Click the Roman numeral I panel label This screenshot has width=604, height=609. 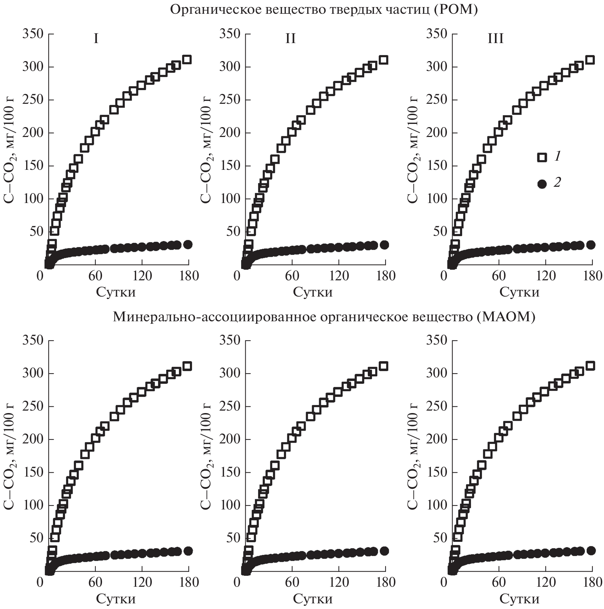[96, 38]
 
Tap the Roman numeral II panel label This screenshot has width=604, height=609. [290, 38]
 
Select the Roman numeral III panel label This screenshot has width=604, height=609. [495, 38]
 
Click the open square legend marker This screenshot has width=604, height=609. [542, 157]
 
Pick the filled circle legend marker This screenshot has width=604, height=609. [542, 184]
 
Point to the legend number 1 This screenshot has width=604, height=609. [557, 156]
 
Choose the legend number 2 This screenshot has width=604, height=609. [557, 183]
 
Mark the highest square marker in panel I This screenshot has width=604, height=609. [187, 59]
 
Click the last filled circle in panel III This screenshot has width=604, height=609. [590, 245]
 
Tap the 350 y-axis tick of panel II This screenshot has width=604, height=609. [229, 34]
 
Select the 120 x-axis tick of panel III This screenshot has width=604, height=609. [545, 276]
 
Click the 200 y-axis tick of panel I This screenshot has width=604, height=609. [32, 133]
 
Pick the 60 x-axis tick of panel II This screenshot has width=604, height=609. [292, 276]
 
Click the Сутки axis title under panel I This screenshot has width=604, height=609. [116, 292]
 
